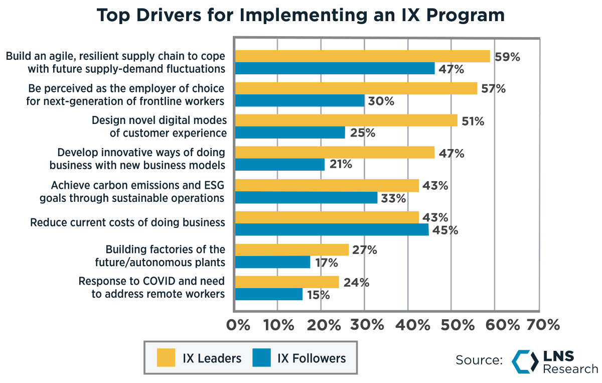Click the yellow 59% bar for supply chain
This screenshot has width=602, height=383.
362,56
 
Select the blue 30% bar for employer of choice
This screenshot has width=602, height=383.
300,101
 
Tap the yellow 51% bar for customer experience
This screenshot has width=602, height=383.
346,120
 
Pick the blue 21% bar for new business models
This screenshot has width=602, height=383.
280,165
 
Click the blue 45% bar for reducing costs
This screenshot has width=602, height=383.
332,230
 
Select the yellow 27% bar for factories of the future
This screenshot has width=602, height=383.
292,249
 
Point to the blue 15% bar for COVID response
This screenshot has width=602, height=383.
269,294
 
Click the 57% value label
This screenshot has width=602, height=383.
493,89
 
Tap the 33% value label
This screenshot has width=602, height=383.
393,198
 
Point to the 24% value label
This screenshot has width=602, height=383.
356,283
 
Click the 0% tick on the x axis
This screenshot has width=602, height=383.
238,325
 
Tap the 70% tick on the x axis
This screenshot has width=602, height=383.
542,325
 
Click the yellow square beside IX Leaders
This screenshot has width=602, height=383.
166,358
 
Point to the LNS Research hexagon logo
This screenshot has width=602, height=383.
525,361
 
